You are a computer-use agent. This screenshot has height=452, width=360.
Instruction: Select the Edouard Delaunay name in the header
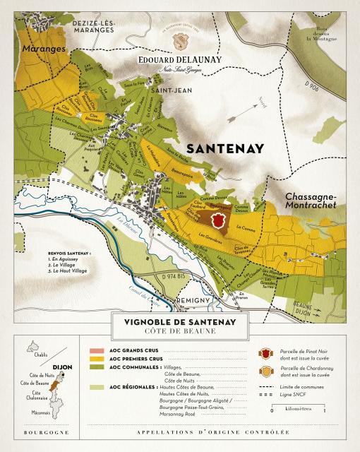(x=181, y=59)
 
